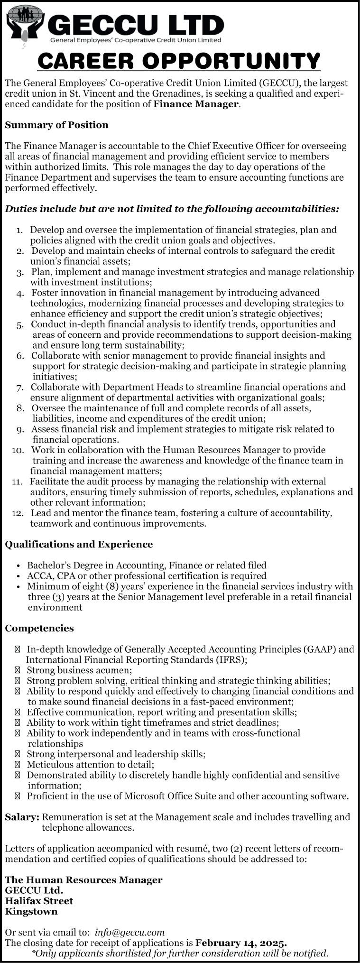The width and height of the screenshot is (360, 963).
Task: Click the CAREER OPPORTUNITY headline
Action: point(179,61)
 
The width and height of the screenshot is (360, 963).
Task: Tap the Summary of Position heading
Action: point(56,125)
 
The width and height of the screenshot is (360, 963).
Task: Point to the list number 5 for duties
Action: point(20,325)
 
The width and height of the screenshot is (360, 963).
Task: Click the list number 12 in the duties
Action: point(18,513)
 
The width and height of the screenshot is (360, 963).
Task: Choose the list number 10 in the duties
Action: point(18,450)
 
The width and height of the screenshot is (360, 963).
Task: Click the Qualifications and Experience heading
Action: point(79,544)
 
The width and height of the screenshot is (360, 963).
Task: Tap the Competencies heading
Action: point(39,628)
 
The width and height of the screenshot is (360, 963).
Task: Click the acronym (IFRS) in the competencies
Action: point(231,660)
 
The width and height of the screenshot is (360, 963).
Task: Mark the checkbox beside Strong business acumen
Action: point(18,670)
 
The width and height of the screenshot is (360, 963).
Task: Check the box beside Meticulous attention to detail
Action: point(18,764)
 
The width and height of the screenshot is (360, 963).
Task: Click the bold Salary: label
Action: point(22,817)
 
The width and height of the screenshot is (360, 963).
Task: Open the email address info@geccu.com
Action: point(129,932)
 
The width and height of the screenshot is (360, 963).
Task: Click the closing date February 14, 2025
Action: point(241,943)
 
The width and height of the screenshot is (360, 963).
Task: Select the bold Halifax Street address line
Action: point(39,900)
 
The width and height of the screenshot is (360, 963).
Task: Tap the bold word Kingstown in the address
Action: point(31,911)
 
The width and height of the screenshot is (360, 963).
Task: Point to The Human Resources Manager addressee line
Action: point(83,880)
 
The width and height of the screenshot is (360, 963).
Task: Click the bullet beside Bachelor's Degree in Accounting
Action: point(18,565)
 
